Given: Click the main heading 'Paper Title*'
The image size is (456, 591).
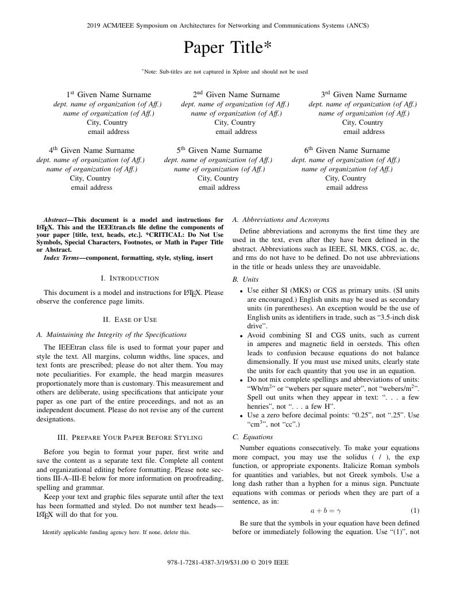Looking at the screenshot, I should [227, 47].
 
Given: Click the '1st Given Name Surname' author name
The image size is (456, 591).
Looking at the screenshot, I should [109, 95].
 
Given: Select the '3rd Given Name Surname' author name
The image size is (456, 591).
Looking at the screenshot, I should [364, 95].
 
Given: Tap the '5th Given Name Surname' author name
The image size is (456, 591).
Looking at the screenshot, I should [219, 151].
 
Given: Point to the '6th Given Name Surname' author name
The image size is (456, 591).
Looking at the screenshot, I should [347, 151].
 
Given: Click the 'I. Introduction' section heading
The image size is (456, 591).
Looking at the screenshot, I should [130, 278].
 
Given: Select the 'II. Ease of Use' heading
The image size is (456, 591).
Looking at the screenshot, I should [130, 320].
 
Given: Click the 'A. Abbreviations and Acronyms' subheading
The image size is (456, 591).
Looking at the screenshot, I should [281, 220].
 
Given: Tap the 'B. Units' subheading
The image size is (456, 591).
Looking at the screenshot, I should [245, 279].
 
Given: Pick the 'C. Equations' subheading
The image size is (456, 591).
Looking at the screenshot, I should [253, 437].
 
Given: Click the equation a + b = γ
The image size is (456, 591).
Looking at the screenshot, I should [326, 511].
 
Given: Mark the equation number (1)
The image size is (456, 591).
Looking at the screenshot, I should [415, 511].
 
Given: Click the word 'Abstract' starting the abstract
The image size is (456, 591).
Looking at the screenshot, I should [55, 220].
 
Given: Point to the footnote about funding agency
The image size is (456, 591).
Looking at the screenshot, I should [116, 532].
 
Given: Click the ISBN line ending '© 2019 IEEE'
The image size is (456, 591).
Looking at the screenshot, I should [227, 562].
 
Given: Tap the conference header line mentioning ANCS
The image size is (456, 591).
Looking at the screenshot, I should [227, 25].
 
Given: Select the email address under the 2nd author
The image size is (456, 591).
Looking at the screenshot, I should [236, 132].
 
